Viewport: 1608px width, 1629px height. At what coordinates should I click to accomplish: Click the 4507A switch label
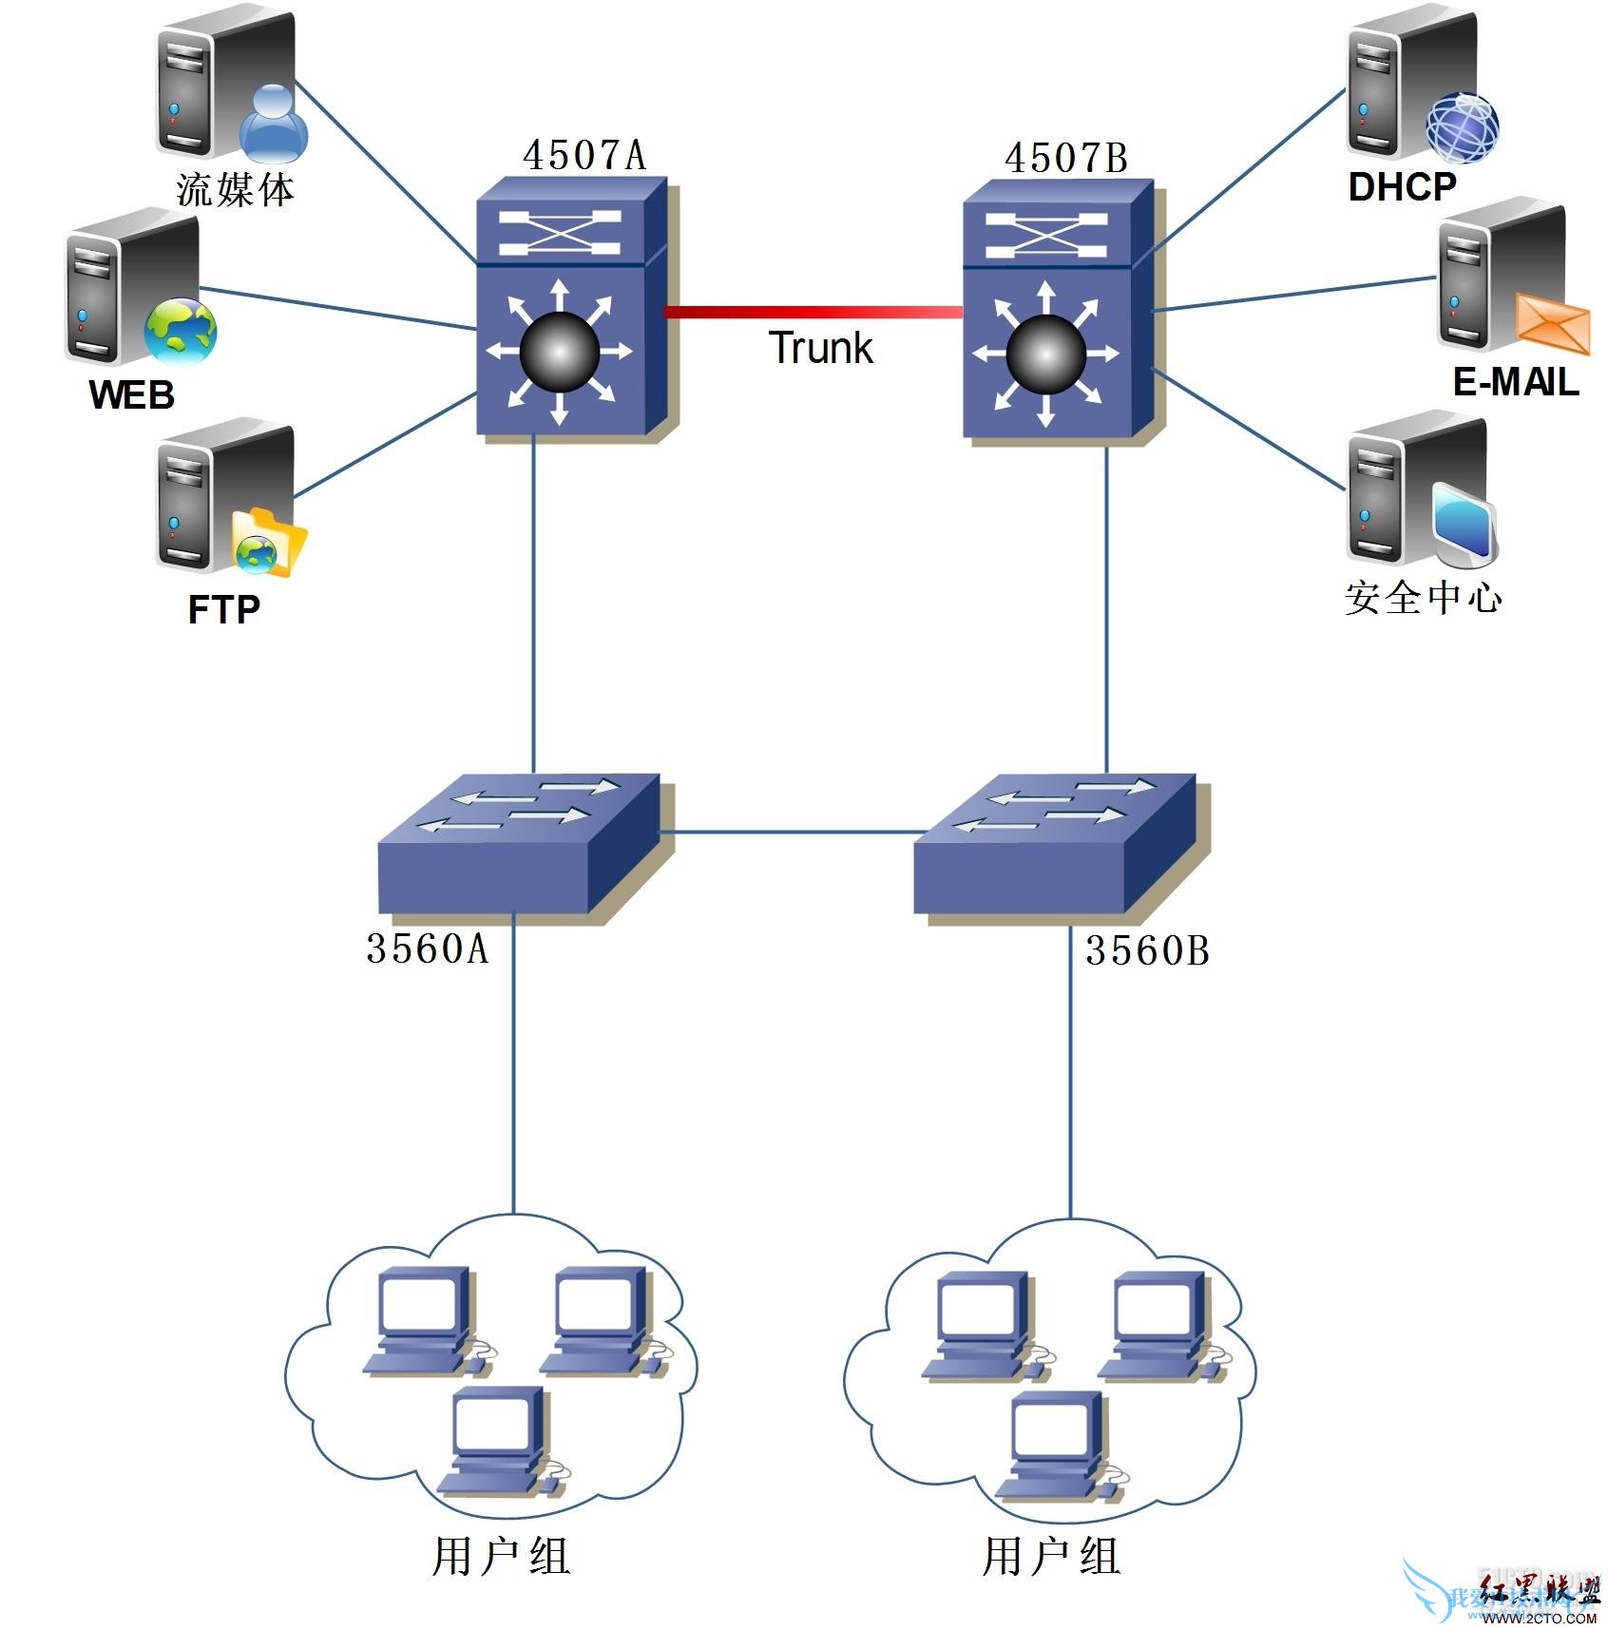click(584, 155)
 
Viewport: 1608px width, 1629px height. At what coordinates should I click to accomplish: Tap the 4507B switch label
click(1065, 158)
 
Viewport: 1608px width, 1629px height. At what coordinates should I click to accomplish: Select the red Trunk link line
click(813, 312)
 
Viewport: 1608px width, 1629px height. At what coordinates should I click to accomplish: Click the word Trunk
click(820, 348)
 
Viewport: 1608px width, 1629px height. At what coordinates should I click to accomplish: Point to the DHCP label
click(1402, 187)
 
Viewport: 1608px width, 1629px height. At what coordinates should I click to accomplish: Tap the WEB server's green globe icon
click(181, 332)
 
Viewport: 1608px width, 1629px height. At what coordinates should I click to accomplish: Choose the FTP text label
click(224, 609)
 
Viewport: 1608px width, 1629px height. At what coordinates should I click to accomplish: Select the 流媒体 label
click(235, 189)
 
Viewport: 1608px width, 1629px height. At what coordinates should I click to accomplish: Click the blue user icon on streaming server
click(274, 124)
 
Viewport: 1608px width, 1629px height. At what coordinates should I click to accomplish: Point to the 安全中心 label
click(1423, 598)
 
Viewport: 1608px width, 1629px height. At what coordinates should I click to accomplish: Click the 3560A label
click(427, 949)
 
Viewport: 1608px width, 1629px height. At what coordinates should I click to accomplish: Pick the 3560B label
click(1147, 951)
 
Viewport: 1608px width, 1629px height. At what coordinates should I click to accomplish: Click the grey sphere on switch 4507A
click(560, 352)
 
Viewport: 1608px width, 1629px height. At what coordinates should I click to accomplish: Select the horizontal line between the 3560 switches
click(786, 833)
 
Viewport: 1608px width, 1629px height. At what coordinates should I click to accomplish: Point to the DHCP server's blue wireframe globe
click(1462, 127)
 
